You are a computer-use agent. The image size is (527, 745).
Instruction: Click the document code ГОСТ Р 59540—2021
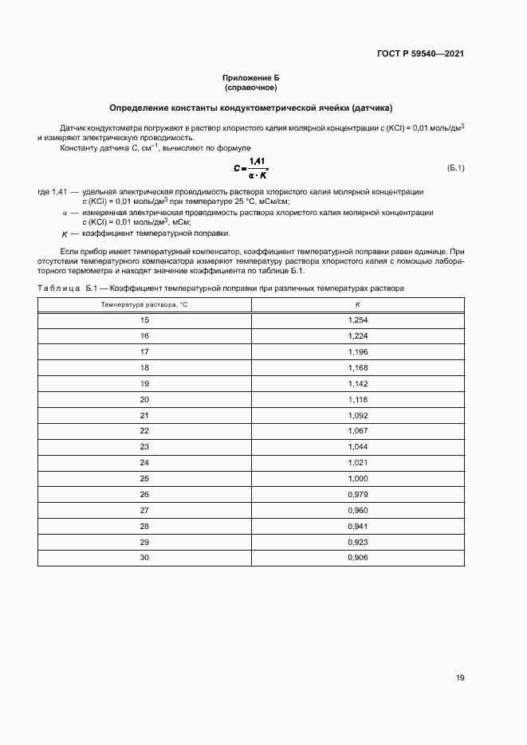click(420, 54)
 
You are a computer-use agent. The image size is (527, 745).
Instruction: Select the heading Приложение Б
click(250, 77)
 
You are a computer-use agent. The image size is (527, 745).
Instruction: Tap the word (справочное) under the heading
click(250, 87)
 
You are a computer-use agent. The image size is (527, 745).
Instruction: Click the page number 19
click(460, 678)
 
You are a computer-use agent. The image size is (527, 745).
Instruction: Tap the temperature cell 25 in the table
click(144, 478)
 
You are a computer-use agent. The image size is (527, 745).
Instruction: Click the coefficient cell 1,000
click(358, 478)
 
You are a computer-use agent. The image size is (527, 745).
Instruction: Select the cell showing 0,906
click(358, 557)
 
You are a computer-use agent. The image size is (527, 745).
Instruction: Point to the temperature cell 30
click(144, 557)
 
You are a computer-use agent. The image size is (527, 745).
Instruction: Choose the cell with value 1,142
click(358, 383)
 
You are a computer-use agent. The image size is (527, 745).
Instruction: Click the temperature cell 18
click(144, 367)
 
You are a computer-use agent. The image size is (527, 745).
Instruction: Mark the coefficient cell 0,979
click(358, 494)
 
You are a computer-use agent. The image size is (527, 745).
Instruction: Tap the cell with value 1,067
click(358, 431)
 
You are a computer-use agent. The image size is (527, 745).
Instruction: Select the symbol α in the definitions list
click(65, 213)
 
